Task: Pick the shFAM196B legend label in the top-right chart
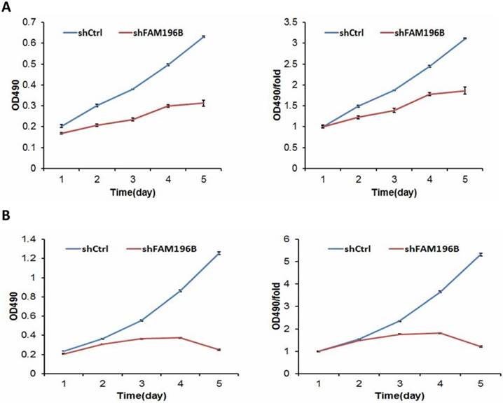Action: click(x=418, y=31)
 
